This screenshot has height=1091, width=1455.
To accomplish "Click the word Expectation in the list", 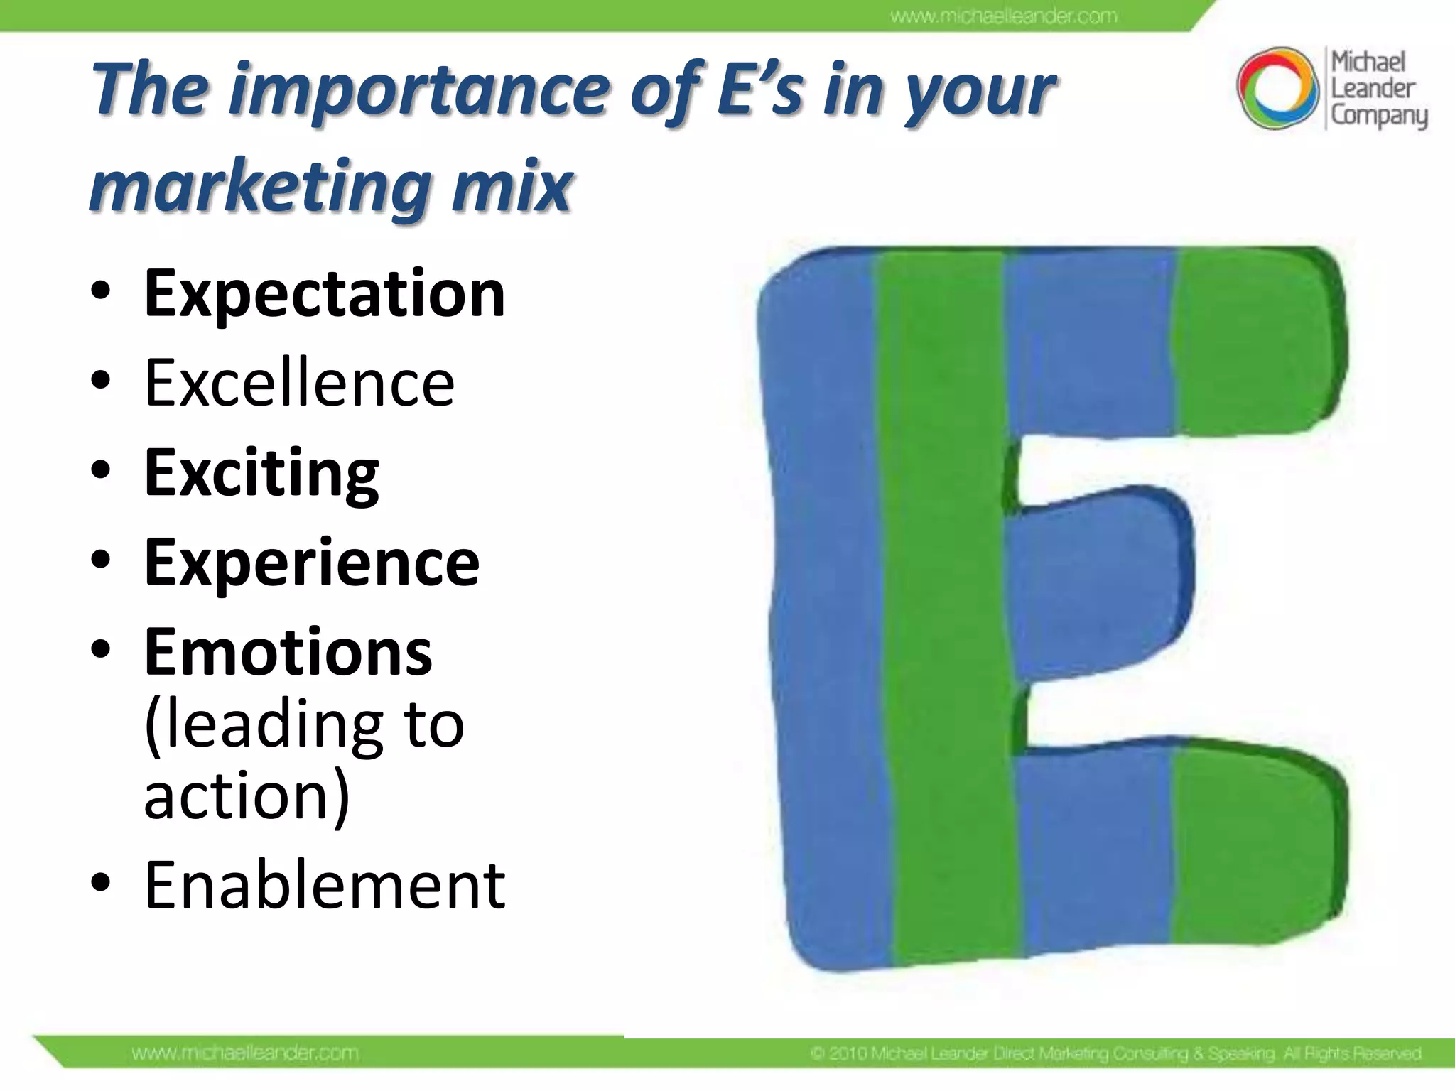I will pyautogui.click(x=324, y=293).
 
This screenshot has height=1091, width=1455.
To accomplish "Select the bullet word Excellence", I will pyautogui.click(x=299, y=384).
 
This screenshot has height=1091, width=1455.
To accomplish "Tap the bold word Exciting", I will pyautogui.click(x=261, y=474).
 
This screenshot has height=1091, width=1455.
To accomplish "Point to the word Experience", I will pyautogui.click(x=311, y=563).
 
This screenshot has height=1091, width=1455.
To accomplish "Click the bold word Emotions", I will pyautogui.click(x=288, y=652).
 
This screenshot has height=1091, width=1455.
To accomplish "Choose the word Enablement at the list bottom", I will pyautogui.click(x=324, y=885).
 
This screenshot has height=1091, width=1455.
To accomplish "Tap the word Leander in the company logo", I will pyautogui.click(x=1372, y=89).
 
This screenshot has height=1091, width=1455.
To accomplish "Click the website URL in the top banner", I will pyautogui.click(x=1003, y=16).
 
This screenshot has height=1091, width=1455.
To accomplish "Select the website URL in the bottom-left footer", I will pyautogui.click(x=244, y=1053).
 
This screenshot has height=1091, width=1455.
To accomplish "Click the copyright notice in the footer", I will pyautogui.click(x=1115, y=1053).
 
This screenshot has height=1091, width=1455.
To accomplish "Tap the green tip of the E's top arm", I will pyautogui.click(x=1254, y=341).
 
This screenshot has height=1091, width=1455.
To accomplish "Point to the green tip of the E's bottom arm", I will pyautogui.click(x=1254, y=849).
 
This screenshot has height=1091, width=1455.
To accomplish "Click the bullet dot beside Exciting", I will pyautogui.click(x=101, y=471).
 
